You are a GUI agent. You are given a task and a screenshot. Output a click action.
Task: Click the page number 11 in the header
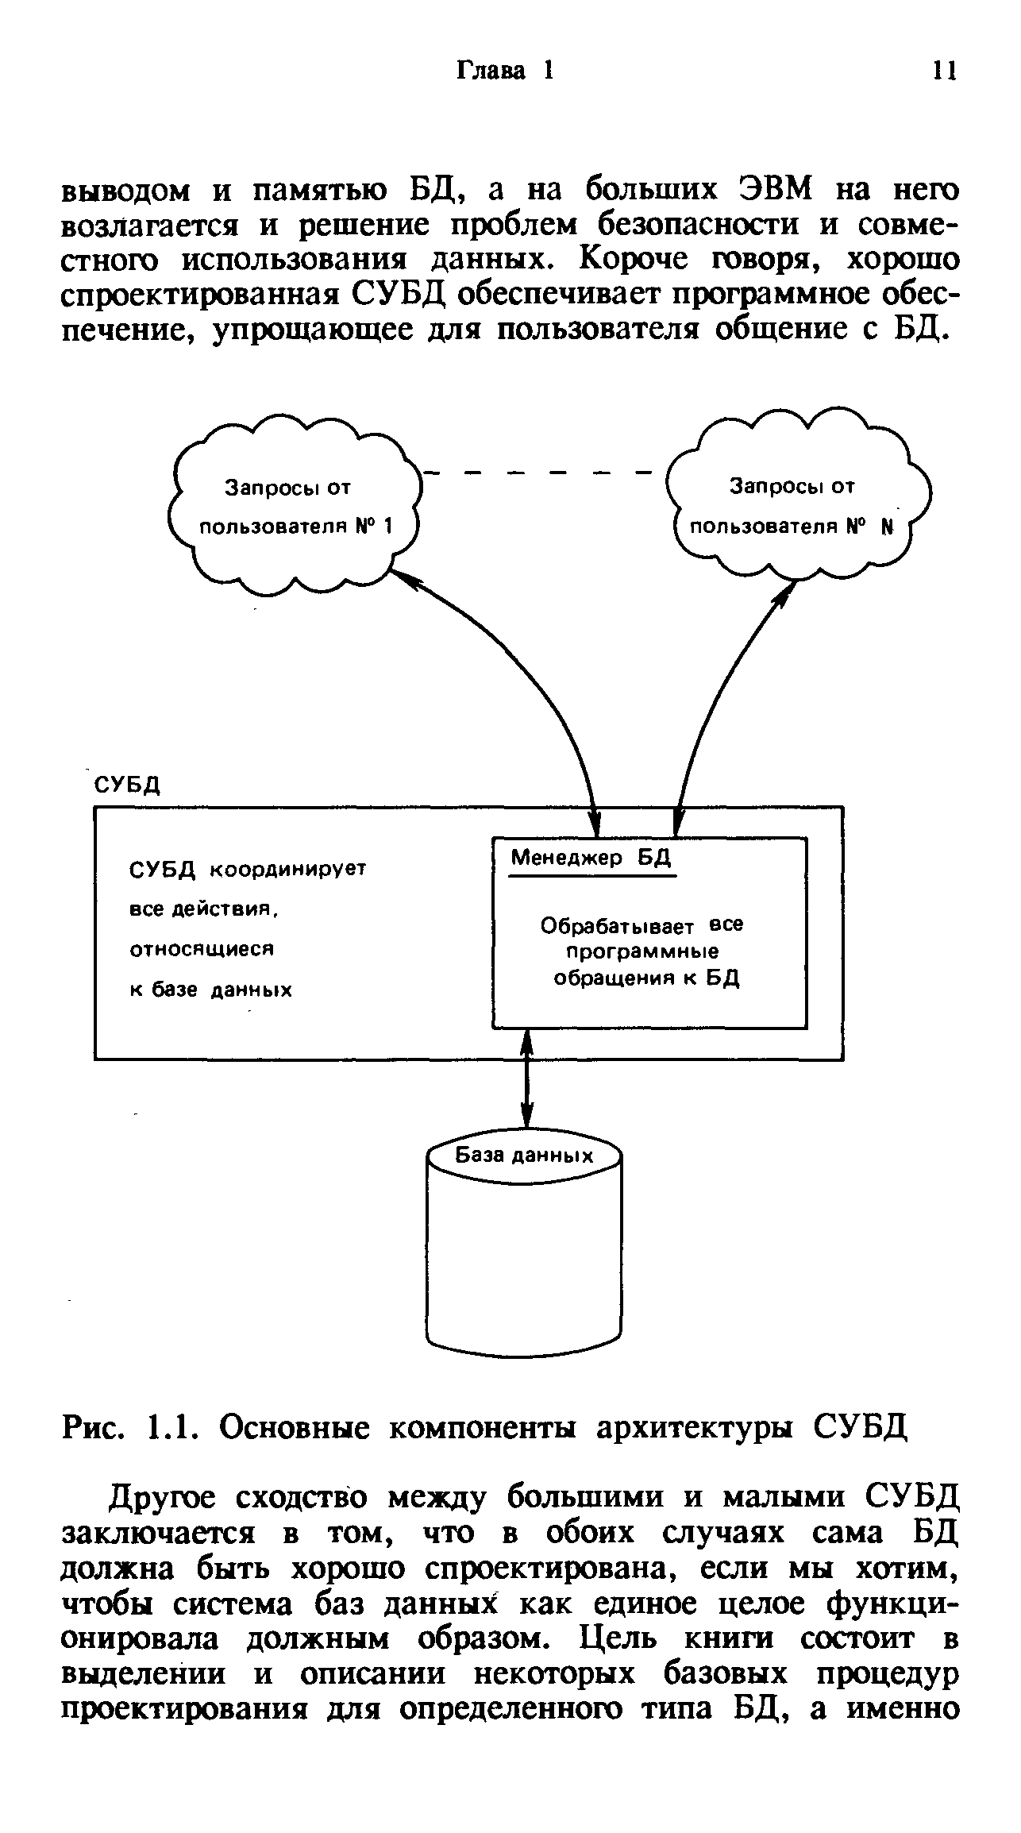point(945,71)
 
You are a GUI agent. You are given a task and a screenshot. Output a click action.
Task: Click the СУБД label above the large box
point(128,785)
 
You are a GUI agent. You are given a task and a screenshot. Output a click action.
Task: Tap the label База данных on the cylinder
point(524,1156)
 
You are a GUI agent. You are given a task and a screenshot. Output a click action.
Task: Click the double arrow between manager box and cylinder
point(525,1081)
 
